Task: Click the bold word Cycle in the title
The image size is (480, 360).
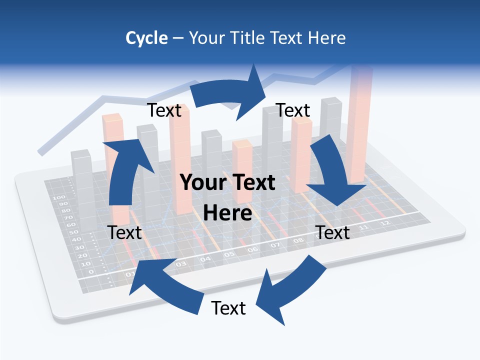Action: (x=146, y=38)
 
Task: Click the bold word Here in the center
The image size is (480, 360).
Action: (x=227, y=213)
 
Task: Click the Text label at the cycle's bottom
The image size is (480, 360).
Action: (x=228, y=308)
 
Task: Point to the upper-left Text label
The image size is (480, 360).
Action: (x=164, y=110)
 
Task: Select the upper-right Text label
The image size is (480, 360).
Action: (x=293, y=110)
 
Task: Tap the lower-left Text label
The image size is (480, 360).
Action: (x=124, y=232)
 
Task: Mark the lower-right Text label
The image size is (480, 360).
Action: (x=332, y=232)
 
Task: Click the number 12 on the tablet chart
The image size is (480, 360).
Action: (x=384, y=223)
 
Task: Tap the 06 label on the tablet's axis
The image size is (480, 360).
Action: (x=252, y=249)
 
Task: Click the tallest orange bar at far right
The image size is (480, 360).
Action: (x=361, y=125)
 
